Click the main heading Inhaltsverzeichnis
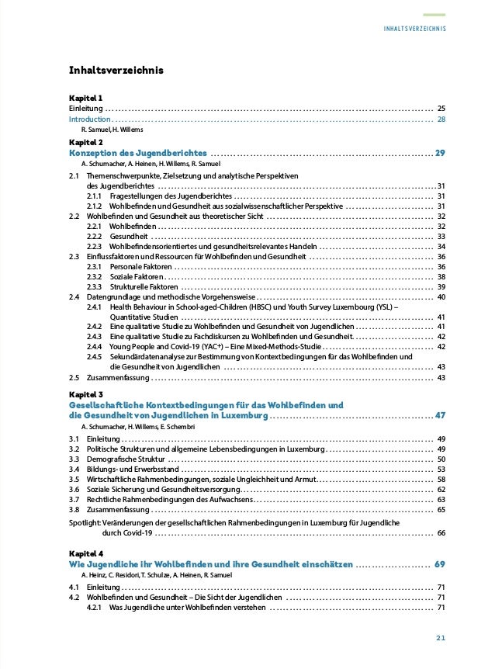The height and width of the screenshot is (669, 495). click(x=116, y=71)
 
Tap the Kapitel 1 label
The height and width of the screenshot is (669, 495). click(x=86, y=98)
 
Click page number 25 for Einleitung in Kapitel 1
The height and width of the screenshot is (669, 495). click(x=441, y=109)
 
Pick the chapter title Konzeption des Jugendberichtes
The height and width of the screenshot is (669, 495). click(x=138, y=153)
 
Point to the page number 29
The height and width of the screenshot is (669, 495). click(x=440, y=153)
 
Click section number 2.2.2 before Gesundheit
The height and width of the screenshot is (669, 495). click(x=95, y=236)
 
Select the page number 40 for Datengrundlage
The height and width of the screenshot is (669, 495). click(x=441, y=296)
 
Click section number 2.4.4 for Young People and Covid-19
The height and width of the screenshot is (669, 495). click(x=95, y=347)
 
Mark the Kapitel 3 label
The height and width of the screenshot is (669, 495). click(x=86, y=394)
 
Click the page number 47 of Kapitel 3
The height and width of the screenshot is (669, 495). click(x=440, y=414)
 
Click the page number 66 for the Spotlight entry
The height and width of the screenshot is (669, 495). click(x=441, y=533)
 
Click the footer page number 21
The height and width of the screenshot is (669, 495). click(x=440, y=638)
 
